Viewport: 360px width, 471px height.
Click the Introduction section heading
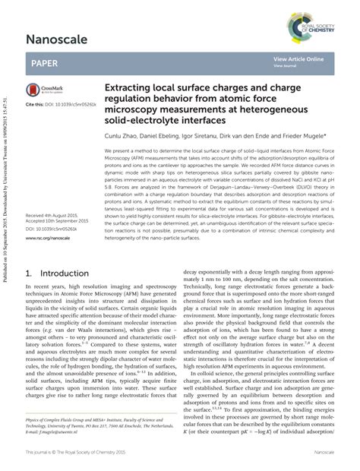point(64,272)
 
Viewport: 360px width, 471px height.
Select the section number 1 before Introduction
point(29,272)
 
